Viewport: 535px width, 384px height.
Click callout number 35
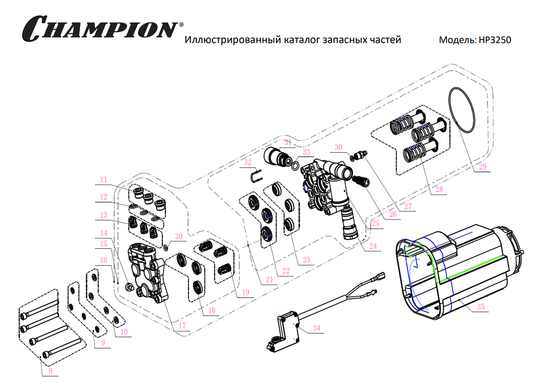480,307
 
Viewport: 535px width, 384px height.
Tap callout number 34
316,328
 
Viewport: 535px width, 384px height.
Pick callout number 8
50,371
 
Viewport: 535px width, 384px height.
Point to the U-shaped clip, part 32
255,176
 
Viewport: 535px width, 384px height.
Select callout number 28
438,189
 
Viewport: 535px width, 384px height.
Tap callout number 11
104,179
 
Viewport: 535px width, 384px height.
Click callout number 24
372,246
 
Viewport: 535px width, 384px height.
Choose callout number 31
288,142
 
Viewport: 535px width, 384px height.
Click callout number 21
269,280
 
